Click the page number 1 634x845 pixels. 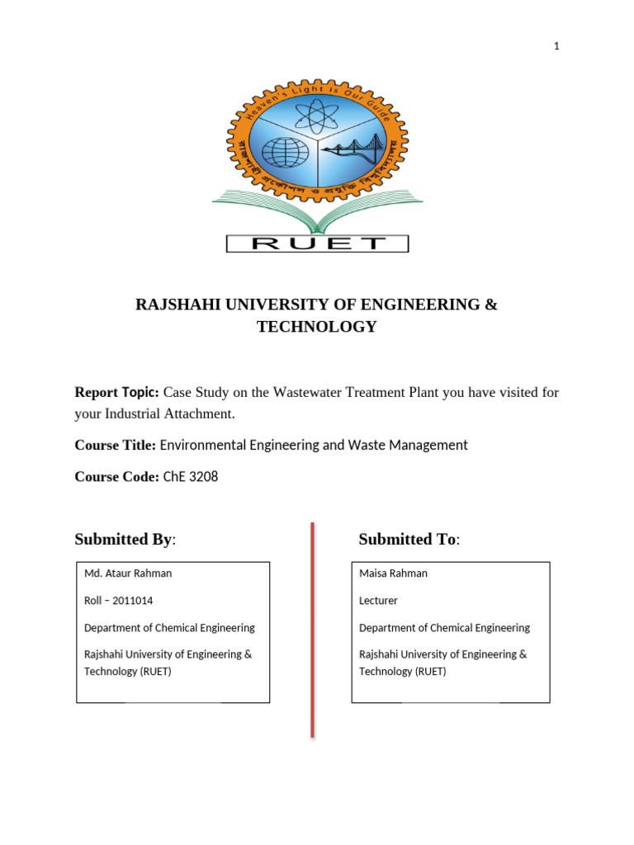point(556,46)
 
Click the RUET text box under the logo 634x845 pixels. point(317,243)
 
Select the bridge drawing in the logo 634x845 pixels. point(353,151)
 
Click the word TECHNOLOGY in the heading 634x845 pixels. point(316,327)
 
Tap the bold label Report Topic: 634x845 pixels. point(117,392)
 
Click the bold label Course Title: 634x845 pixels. point(115,445)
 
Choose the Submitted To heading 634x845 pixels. point(407,540)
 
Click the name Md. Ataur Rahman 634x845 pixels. point(128,573)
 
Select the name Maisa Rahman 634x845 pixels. point(393,573)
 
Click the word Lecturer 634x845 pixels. point(379,600)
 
